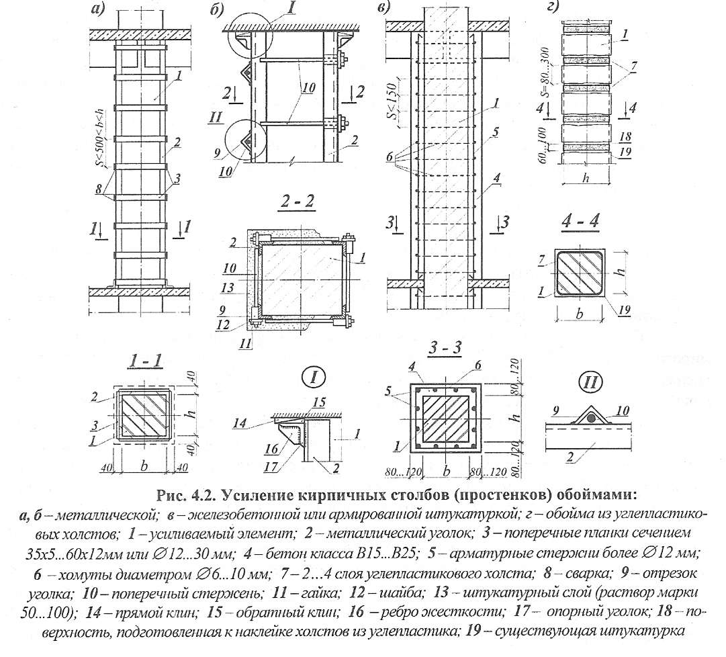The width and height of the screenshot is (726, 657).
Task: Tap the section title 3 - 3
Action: point(445,351)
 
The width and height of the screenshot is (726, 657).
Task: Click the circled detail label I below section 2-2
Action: point(314,378)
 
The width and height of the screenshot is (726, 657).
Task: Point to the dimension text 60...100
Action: point(545,144)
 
